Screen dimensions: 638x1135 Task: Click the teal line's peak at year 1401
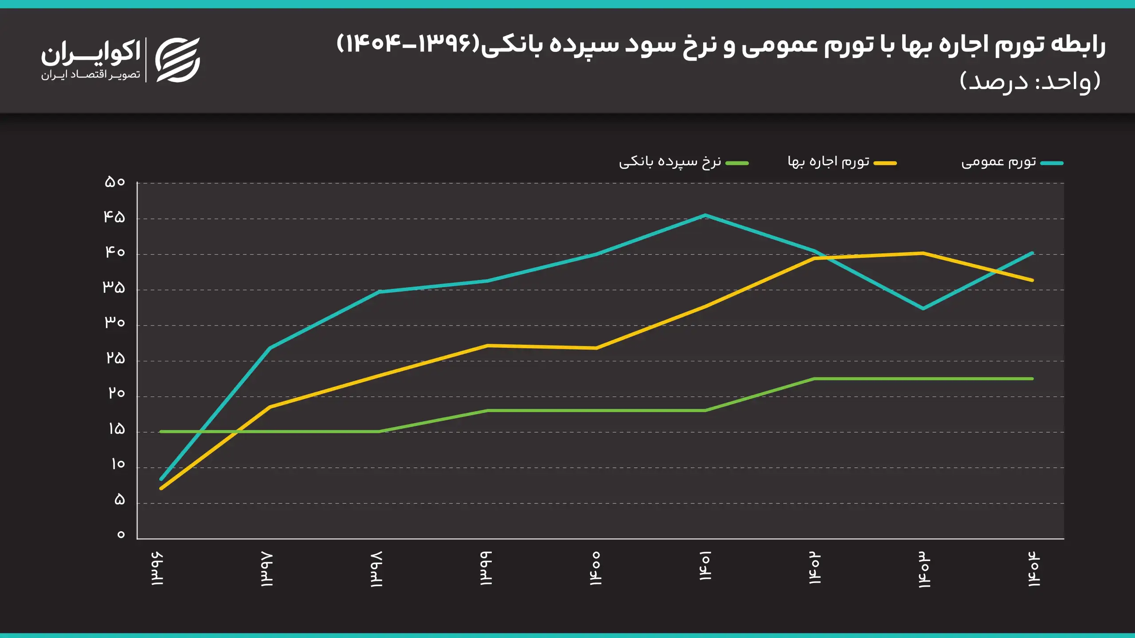point(705,215)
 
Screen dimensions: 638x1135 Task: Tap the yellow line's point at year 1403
point(923,253)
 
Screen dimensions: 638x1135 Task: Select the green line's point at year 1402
point(814,379)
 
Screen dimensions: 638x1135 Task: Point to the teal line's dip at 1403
point(923,308)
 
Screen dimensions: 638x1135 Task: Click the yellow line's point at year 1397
point(270,407)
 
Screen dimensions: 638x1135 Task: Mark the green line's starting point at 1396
point(161,432)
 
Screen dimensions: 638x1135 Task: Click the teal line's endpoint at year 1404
point(1032,253)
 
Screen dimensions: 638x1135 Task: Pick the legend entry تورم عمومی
point(998,162)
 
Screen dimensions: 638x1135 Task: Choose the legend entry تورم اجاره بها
point(828,162)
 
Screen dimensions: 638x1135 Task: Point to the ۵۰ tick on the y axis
point(114,182)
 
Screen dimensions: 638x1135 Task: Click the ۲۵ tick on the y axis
point(115,358)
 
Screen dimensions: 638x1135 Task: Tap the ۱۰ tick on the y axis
point(117,464)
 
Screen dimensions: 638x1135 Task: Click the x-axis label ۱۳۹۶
point(157,568)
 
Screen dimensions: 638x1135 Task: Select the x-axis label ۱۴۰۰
point(595,568)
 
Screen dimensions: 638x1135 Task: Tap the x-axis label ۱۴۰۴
point(1034,568)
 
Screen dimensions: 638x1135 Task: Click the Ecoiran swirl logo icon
point(178,60)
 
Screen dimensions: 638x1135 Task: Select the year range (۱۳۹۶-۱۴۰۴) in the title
point(408,44)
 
